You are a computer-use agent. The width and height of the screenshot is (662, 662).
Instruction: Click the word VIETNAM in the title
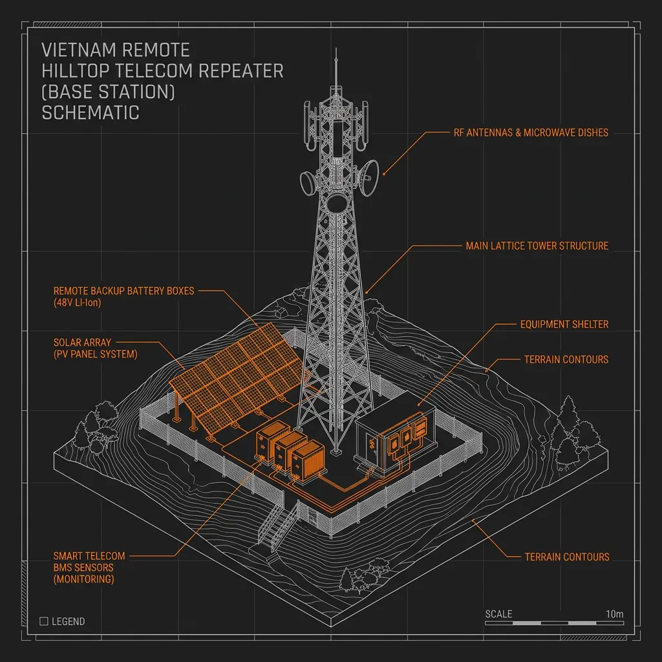(79, 50)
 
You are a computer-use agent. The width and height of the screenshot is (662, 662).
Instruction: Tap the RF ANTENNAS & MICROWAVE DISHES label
(531, 133)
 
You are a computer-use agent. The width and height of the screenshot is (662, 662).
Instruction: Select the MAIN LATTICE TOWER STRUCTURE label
(537, 246)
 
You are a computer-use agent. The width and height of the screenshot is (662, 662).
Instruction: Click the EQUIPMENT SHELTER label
(564, 325)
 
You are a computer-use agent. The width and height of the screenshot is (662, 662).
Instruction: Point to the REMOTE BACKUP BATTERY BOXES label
(123, 291)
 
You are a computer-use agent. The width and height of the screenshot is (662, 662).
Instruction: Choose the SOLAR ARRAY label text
(82, 343)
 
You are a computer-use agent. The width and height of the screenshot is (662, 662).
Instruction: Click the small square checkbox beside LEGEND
(43, 621)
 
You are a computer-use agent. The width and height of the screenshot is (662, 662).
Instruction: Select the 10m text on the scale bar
(614, 614)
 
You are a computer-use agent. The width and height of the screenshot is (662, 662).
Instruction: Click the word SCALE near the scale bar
(498, 614)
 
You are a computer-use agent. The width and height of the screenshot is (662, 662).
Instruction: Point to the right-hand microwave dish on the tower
(368, 177)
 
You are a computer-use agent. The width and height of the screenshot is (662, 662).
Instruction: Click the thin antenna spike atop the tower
(336, 67)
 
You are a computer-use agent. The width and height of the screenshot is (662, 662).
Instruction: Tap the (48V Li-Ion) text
(78, 303)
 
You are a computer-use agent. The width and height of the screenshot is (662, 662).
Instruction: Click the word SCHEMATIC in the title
(91, 112)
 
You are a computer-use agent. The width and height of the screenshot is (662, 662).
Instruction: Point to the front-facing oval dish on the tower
(336, 204)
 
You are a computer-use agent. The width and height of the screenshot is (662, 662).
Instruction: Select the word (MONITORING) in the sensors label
(83, 579)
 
